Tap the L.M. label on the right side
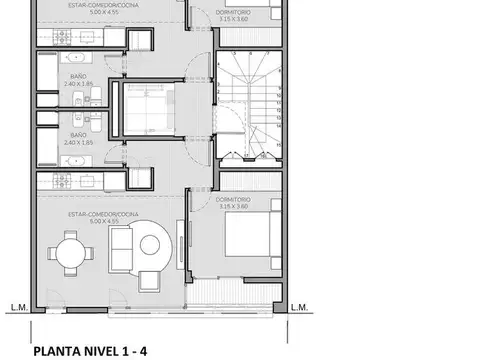coord(298,308)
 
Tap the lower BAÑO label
coord(75,134)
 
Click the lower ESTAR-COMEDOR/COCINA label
coord(100,214)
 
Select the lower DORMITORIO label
coord(232,200)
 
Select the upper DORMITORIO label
coord(233,11)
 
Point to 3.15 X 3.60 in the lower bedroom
coord(232,207)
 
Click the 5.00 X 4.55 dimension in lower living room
coord(100,221)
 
